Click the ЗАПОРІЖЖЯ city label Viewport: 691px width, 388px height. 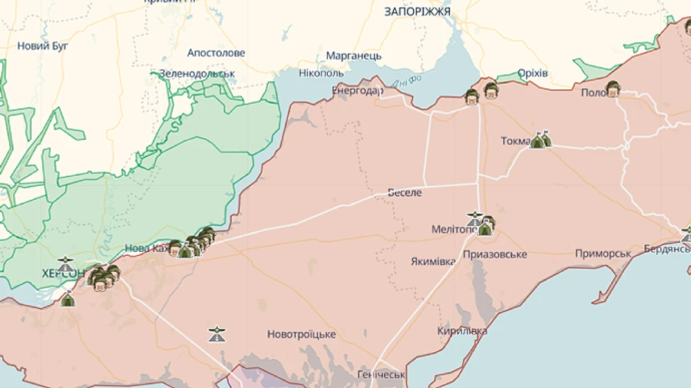[x=417, y=12]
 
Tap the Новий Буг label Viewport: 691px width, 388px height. [x=43, y=46]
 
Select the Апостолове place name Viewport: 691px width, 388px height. [x=216, y=53]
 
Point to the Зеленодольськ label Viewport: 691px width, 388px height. [x=197, y=74]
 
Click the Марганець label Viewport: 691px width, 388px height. [x=353, y=56]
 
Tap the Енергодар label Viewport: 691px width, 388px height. [x=357, y=91]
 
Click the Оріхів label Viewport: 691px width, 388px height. [x=532, y=73]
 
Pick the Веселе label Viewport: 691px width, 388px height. [x=405, y=193]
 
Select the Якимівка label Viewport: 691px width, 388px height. [x=432, y=261]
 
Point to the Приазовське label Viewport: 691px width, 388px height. [x=494, y=254]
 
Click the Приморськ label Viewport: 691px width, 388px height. [x=603, y=254]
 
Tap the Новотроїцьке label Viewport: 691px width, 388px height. [x=301, y=334]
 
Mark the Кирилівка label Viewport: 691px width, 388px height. [x=462, y=331]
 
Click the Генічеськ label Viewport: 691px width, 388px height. [x=381, y=375]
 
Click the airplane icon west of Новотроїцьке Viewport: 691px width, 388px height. [x=217, y=334]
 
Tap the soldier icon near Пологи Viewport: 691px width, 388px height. [x=612, y=89]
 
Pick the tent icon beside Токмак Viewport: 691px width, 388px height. [x=541, y=140]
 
